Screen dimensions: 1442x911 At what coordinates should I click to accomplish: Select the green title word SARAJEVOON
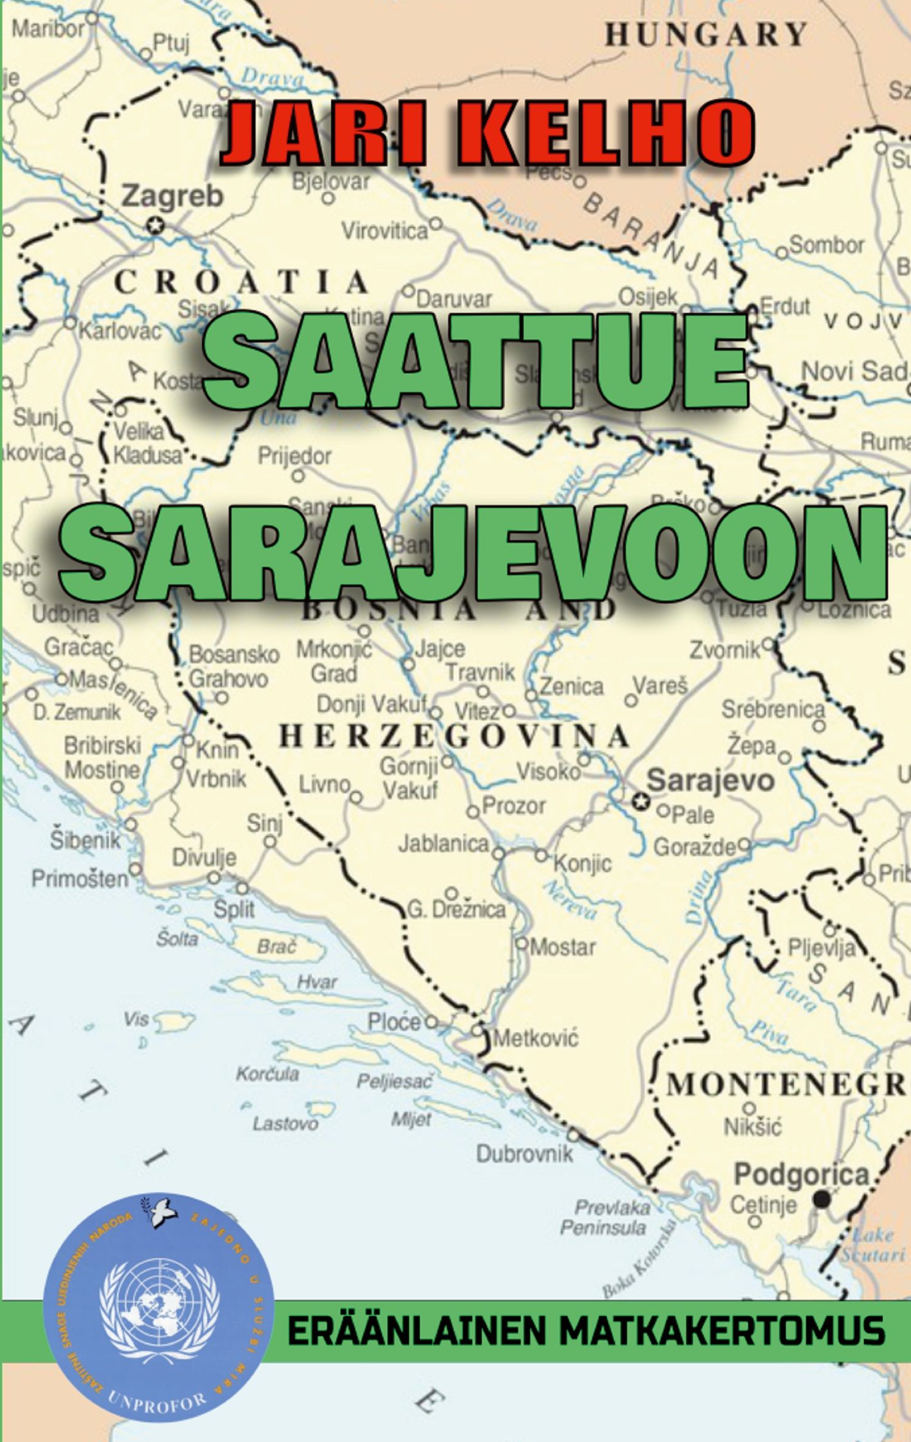[x=474, y=553]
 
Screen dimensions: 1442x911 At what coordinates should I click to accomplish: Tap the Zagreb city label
[x=172, y=196]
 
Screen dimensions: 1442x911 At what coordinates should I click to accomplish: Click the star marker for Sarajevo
[x=640, y=801]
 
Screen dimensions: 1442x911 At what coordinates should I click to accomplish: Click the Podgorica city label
[x=801, y=1175]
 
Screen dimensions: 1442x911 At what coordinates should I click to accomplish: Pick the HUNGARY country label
[x=705, y=34]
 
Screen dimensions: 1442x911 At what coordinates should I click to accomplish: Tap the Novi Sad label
[x=854, y=371]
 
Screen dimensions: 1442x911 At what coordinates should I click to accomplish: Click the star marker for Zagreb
[x=154, y=226]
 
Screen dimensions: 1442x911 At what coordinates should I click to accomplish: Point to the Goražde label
[x=694, y=848]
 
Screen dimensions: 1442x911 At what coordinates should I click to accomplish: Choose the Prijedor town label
[x=294, y=456]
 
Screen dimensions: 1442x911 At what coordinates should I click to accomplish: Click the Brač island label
[x=278, y=947]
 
